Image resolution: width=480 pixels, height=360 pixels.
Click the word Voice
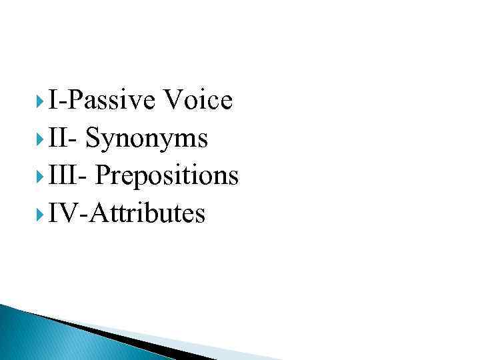pyautogui.click(x=198, y=101)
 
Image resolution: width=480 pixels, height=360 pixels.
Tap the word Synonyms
pyautogui.click(x=147, y=139)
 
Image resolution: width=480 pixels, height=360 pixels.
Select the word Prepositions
pyautogui.click(x=167, y=176)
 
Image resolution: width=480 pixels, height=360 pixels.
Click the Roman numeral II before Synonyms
pyautogui.click(x=58, y=139)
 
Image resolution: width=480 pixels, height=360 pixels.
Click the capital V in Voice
pyautogui.click(x=173, y=101)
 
